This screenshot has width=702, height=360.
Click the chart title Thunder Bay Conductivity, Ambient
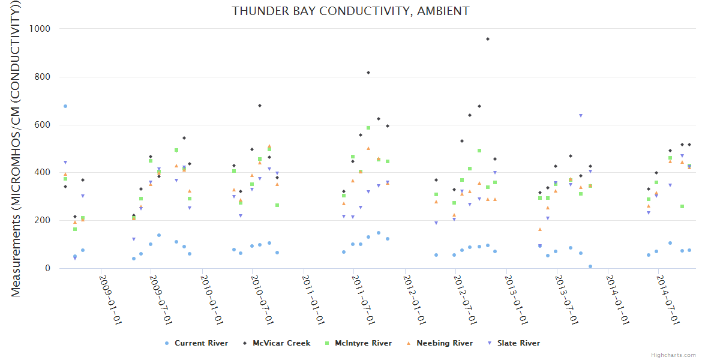(350, 11)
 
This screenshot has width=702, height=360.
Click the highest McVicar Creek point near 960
(488, 39)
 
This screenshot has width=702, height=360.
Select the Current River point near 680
(65, 106)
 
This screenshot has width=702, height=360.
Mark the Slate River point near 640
(581, 116)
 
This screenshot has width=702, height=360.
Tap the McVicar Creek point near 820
(368, 73)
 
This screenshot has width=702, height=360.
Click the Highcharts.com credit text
(673, 355)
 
